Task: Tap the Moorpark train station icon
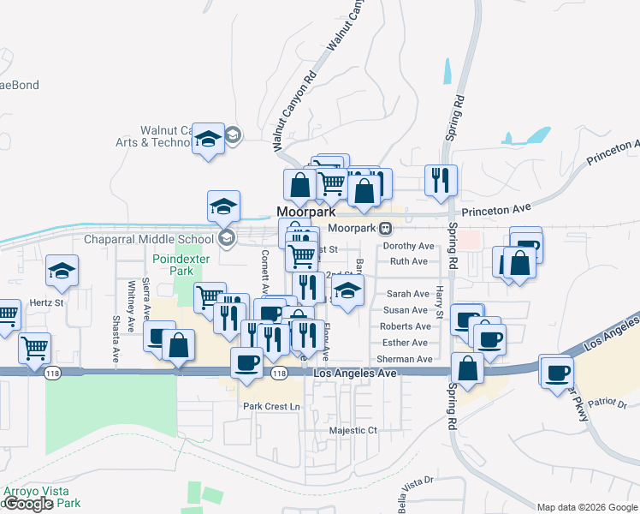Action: point(387,229)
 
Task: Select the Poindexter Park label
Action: point(175,265)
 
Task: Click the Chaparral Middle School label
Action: point(149,239)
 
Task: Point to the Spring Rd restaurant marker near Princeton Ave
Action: point(441,181)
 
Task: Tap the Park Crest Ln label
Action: point(273,406)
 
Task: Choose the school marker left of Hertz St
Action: point(62,271)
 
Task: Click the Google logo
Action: point(28,504)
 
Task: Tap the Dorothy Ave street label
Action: point(409,246)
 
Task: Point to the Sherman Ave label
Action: point(405,359)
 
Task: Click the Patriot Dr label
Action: point(611,403)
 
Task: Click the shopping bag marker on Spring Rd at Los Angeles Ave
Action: point(468,368)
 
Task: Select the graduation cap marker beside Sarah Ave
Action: point(347,290)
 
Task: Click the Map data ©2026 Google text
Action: point(587,507)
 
